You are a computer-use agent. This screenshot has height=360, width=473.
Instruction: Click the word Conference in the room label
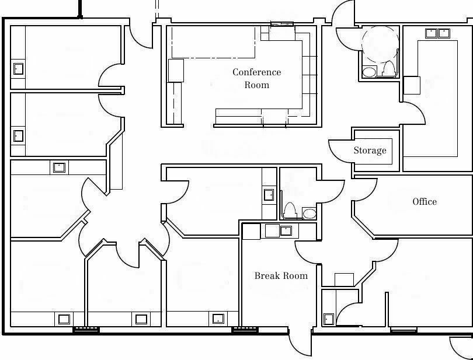point(257,72)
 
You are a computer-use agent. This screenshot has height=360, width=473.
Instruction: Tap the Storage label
point(370,150)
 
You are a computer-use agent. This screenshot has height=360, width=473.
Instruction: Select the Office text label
point(425,201)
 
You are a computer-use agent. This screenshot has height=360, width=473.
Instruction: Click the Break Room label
point(281,275)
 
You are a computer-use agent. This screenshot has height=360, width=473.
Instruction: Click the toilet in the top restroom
point(388,68)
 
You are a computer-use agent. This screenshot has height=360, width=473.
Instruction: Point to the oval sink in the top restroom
point(369,72)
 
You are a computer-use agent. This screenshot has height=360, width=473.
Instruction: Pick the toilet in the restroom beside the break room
point(290,209)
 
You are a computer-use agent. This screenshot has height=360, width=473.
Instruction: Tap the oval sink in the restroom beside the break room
point(309,214)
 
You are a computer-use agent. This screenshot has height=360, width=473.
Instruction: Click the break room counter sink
point(286,230)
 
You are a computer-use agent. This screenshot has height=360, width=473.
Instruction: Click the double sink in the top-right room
point(437,33)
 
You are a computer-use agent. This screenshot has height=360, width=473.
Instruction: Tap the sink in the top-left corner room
point(19,69)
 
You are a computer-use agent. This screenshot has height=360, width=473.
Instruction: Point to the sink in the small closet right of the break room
point(329,319)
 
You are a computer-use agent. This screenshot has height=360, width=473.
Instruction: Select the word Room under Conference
point(257,85)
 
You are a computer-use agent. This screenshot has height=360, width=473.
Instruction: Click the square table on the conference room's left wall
point(176,71)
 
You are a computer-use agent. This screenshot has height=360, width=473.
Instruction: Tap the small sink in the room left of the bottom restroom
point(268,195)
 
